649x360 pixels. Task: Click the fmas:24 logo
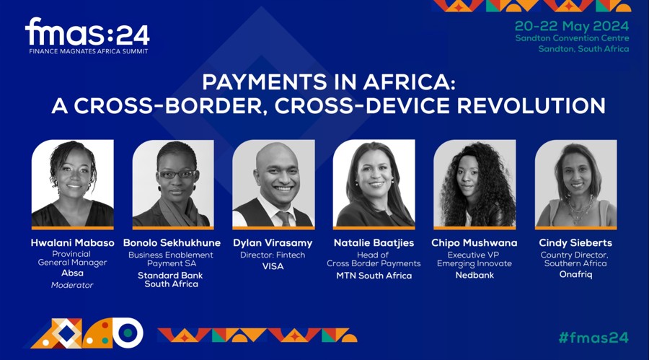[87, 34]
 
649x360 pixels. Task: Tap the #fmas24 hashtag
[593, 337]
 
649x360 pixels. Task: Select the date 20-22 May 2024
[571, 25]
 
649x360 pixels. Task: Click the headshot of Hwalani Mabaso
[72, 184]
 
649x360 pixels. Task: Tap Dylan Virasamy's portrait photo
[273, 184]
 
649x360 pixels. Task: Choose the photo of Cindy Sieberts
[575, 184]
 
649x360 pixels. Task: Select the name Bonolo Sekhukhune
[171, 243]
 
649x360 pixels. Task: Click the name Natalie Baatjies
[374, 243]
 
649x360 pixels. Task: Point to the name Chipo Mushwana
[474, 243]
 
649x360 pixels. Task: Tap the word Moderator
[72, 285]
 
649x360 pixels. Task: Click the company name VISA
[273, 266]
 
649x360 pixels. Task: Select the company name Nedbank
[474, 275]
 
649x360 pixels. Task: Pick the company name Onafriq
[575, 275]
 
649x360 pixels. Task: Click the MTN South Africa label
[374, 276]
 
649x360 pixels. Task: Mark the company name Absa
[72, 273]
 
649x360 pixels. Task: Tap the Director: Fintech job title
[273, 255]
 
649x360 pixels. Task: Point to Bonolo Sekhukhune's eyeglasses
[175, 174]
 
